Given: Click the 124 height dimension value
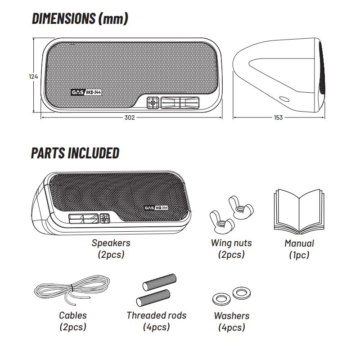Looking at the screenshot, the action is coord(33,76).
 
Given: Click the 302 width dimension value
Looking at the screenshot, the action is coord(130,117).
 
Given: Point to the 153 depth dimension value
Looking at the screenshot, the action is coord(278,117).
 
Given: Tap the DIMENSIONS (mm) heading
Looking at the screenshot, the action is coord(80,18).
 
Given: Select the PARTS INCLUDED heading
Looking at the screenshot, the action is coord(75,153).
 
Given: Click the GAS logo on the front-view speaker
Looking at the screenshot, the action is coord(78,93).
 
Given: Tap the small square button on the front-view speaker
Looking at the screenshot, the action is coord(153,103).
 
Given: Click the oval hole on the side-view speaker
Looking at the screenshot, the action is coord(284,99).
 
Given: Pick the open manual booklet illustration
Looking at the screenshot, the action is coord(299,211).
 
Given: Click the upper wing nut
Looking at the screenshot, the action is coord(241,208).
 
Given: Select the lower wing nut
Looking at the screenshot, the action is coord(222,221).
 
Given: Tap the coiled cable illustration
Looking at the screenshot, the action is coord(72,290).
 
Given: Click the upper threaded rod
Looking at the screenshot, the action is coord(160,282).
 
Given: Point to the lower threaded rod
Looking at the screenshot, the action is coord(153,298).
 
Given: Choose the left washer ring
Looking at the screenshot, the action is coord(221,299).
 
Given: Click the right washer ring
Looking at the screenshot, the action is coord(241,293).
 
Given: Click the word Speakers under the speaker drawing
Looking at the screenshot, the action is coord(111,243).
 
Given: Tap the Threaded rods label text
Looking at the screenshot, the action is coord(157,315).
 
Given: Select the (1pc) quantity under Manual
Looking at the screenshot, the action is coord(299,255).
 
